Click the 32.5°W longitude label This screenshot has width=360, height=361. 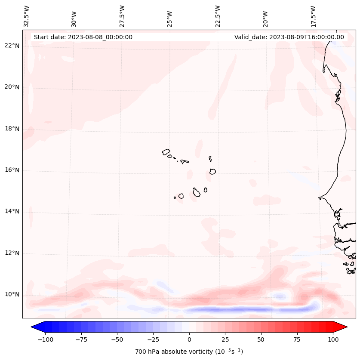(x=27, y=16)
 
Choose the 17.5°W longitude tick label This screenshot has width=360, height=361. (x=313, y=16)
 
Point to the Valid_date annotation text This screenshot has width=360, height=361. (x=289, y=37)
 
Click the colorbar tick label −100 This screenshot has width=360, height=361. (x=45, y=339)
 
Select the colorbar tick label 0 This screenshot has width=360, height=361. (x=189, y=339)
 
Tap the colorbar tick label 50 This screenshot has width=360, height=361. (x=261, y=339)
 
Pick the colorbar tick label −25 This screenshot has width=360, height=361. (x=153, y=339)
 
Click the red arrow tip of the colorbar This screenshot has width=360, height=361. (x=343, y=327)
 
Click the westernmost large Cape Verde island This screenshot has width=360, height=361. (x=166, y=151)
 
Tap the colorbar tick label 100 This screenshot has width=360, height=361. (x=333, y=339)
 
